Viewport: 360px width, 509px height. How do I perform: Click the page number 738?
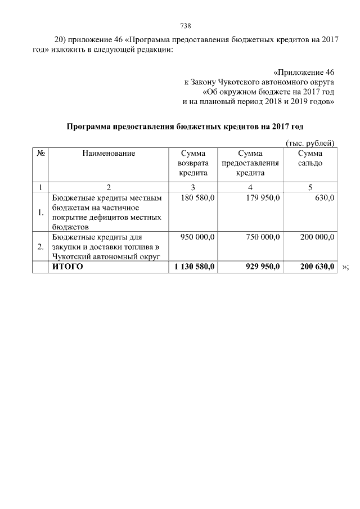click(185, 26)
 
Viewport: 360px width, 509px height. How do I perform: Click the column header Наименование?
click(109, 153)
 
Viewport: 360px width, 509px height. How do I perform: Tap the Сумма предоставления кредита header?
click(250, 163)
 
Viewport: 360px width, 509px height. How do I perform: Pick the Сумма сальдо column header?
click(310, 158)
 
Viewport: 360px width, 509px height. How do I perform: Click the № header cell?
click(40, 153)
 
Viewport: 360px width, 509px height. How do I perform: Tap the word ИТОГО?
click(67, 267)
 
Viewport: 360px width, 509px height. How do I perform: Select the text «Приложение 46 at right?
click(304, 73)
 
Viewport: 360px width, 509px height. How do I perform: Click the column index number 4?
click(250, 187)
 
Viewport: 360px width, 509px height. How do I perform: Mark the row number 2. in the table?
click(40, 246)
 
